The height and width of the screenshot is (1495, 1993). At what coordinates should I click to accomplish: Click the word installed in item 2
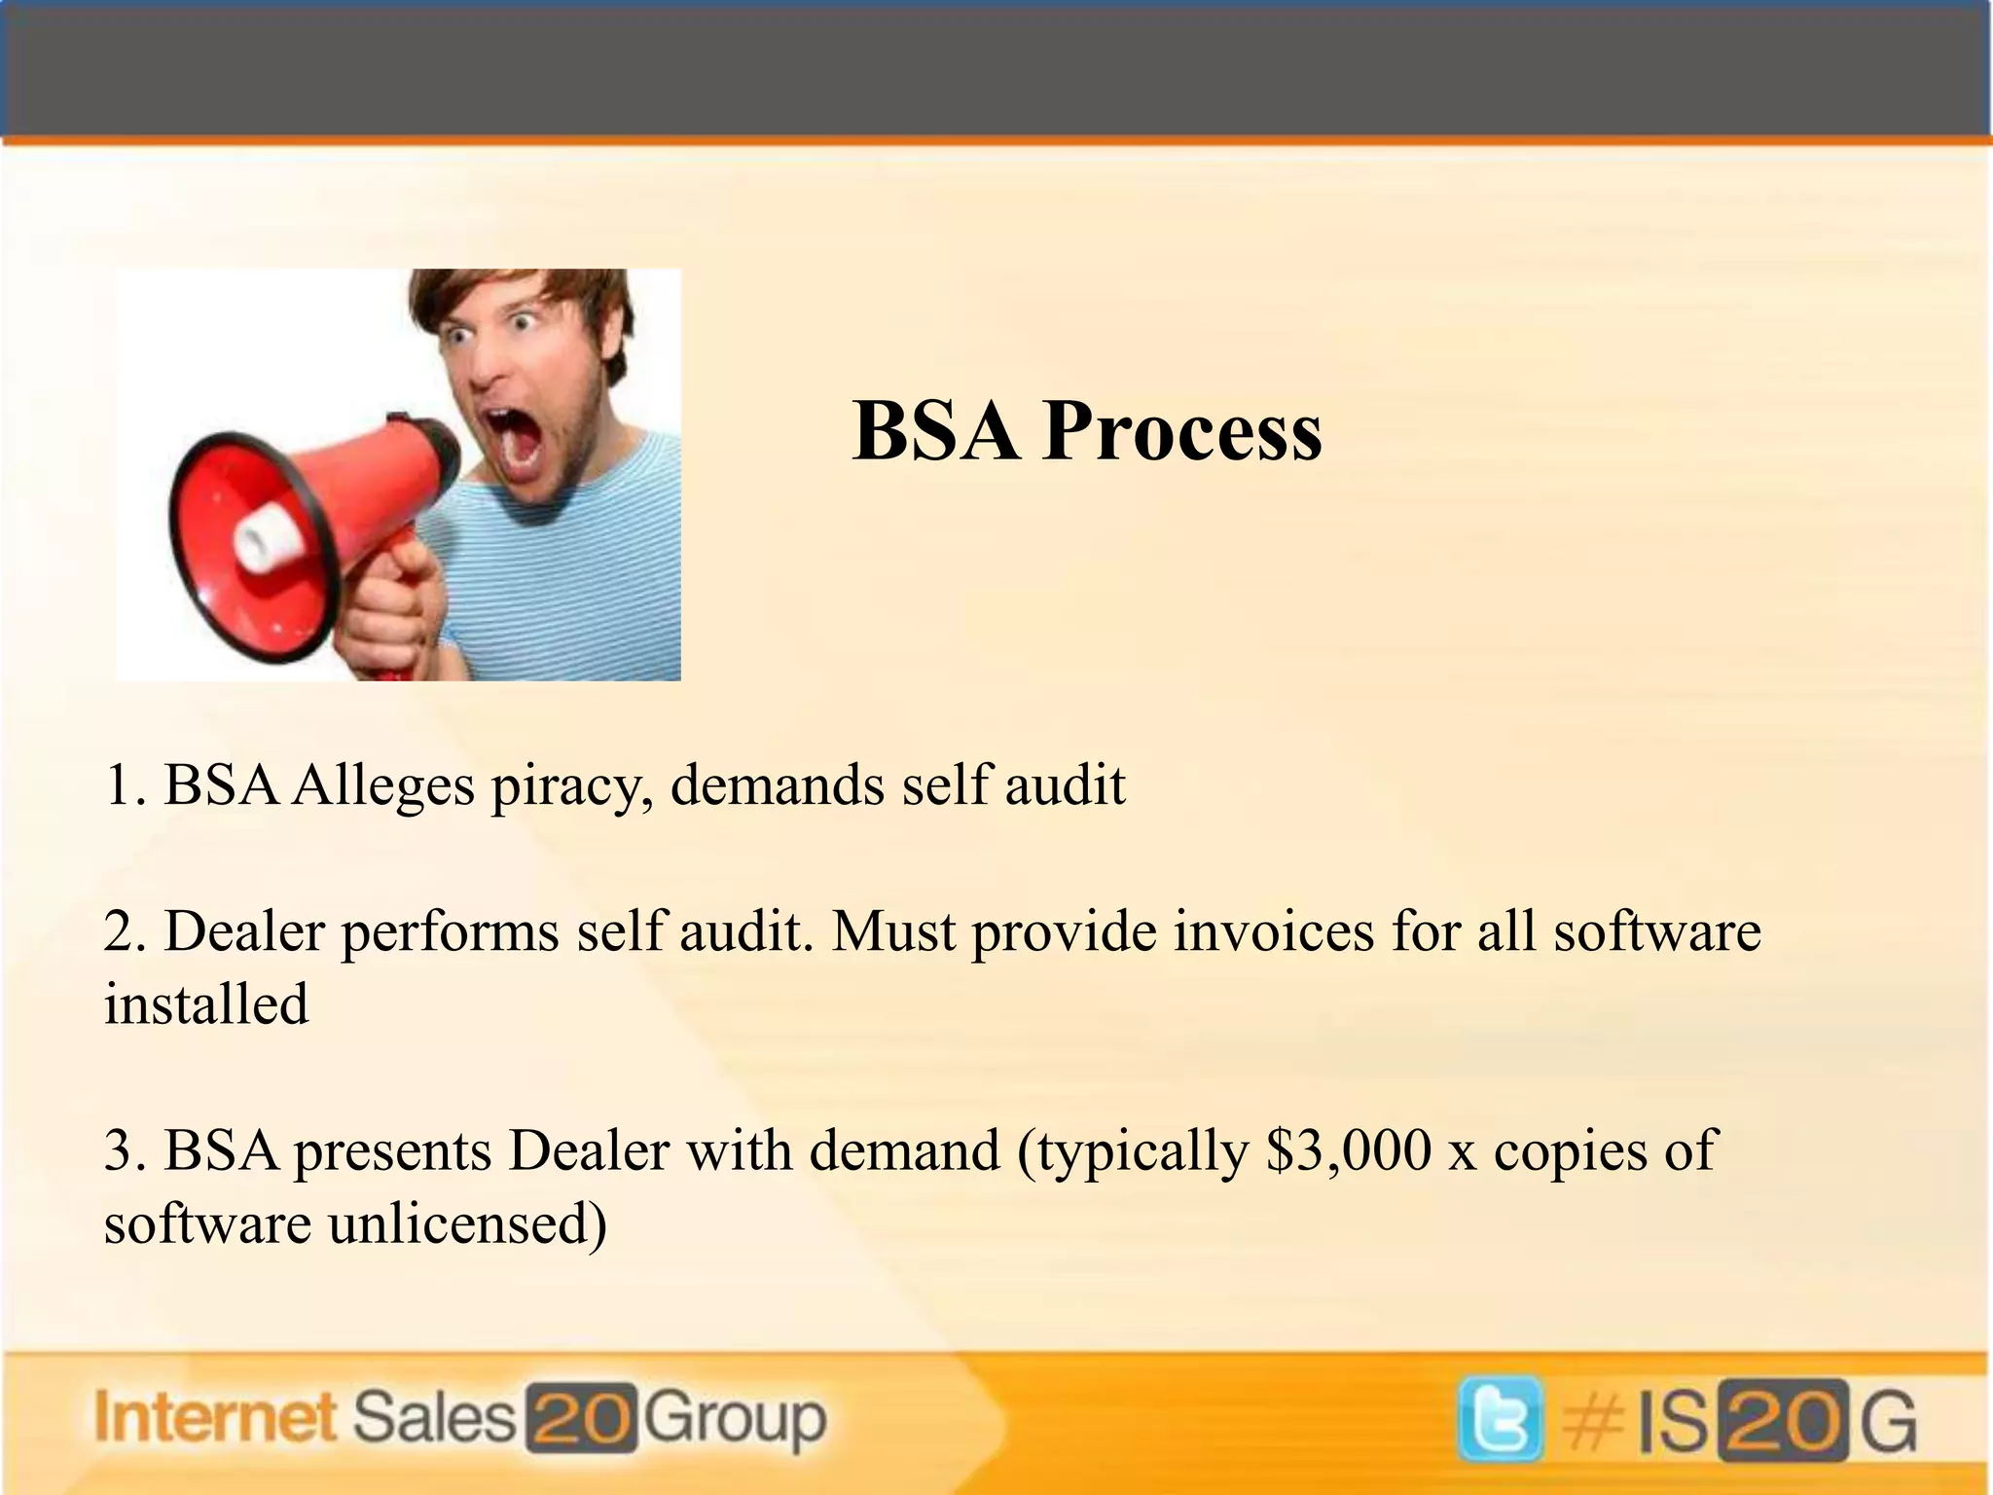(206, 1004)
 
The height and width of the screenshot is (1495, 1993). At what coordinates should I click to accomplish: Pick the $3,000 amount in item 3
(1349, 1150)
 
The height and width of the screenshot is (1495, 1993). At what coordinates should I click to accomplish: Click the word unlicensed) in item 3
(467, 1223)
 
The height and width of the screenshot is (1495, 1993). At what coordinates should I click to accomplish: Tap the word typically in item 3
(1141, 1152)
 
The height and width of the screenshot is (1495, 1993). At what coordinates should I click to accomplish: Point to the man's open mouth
(515, 438)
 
